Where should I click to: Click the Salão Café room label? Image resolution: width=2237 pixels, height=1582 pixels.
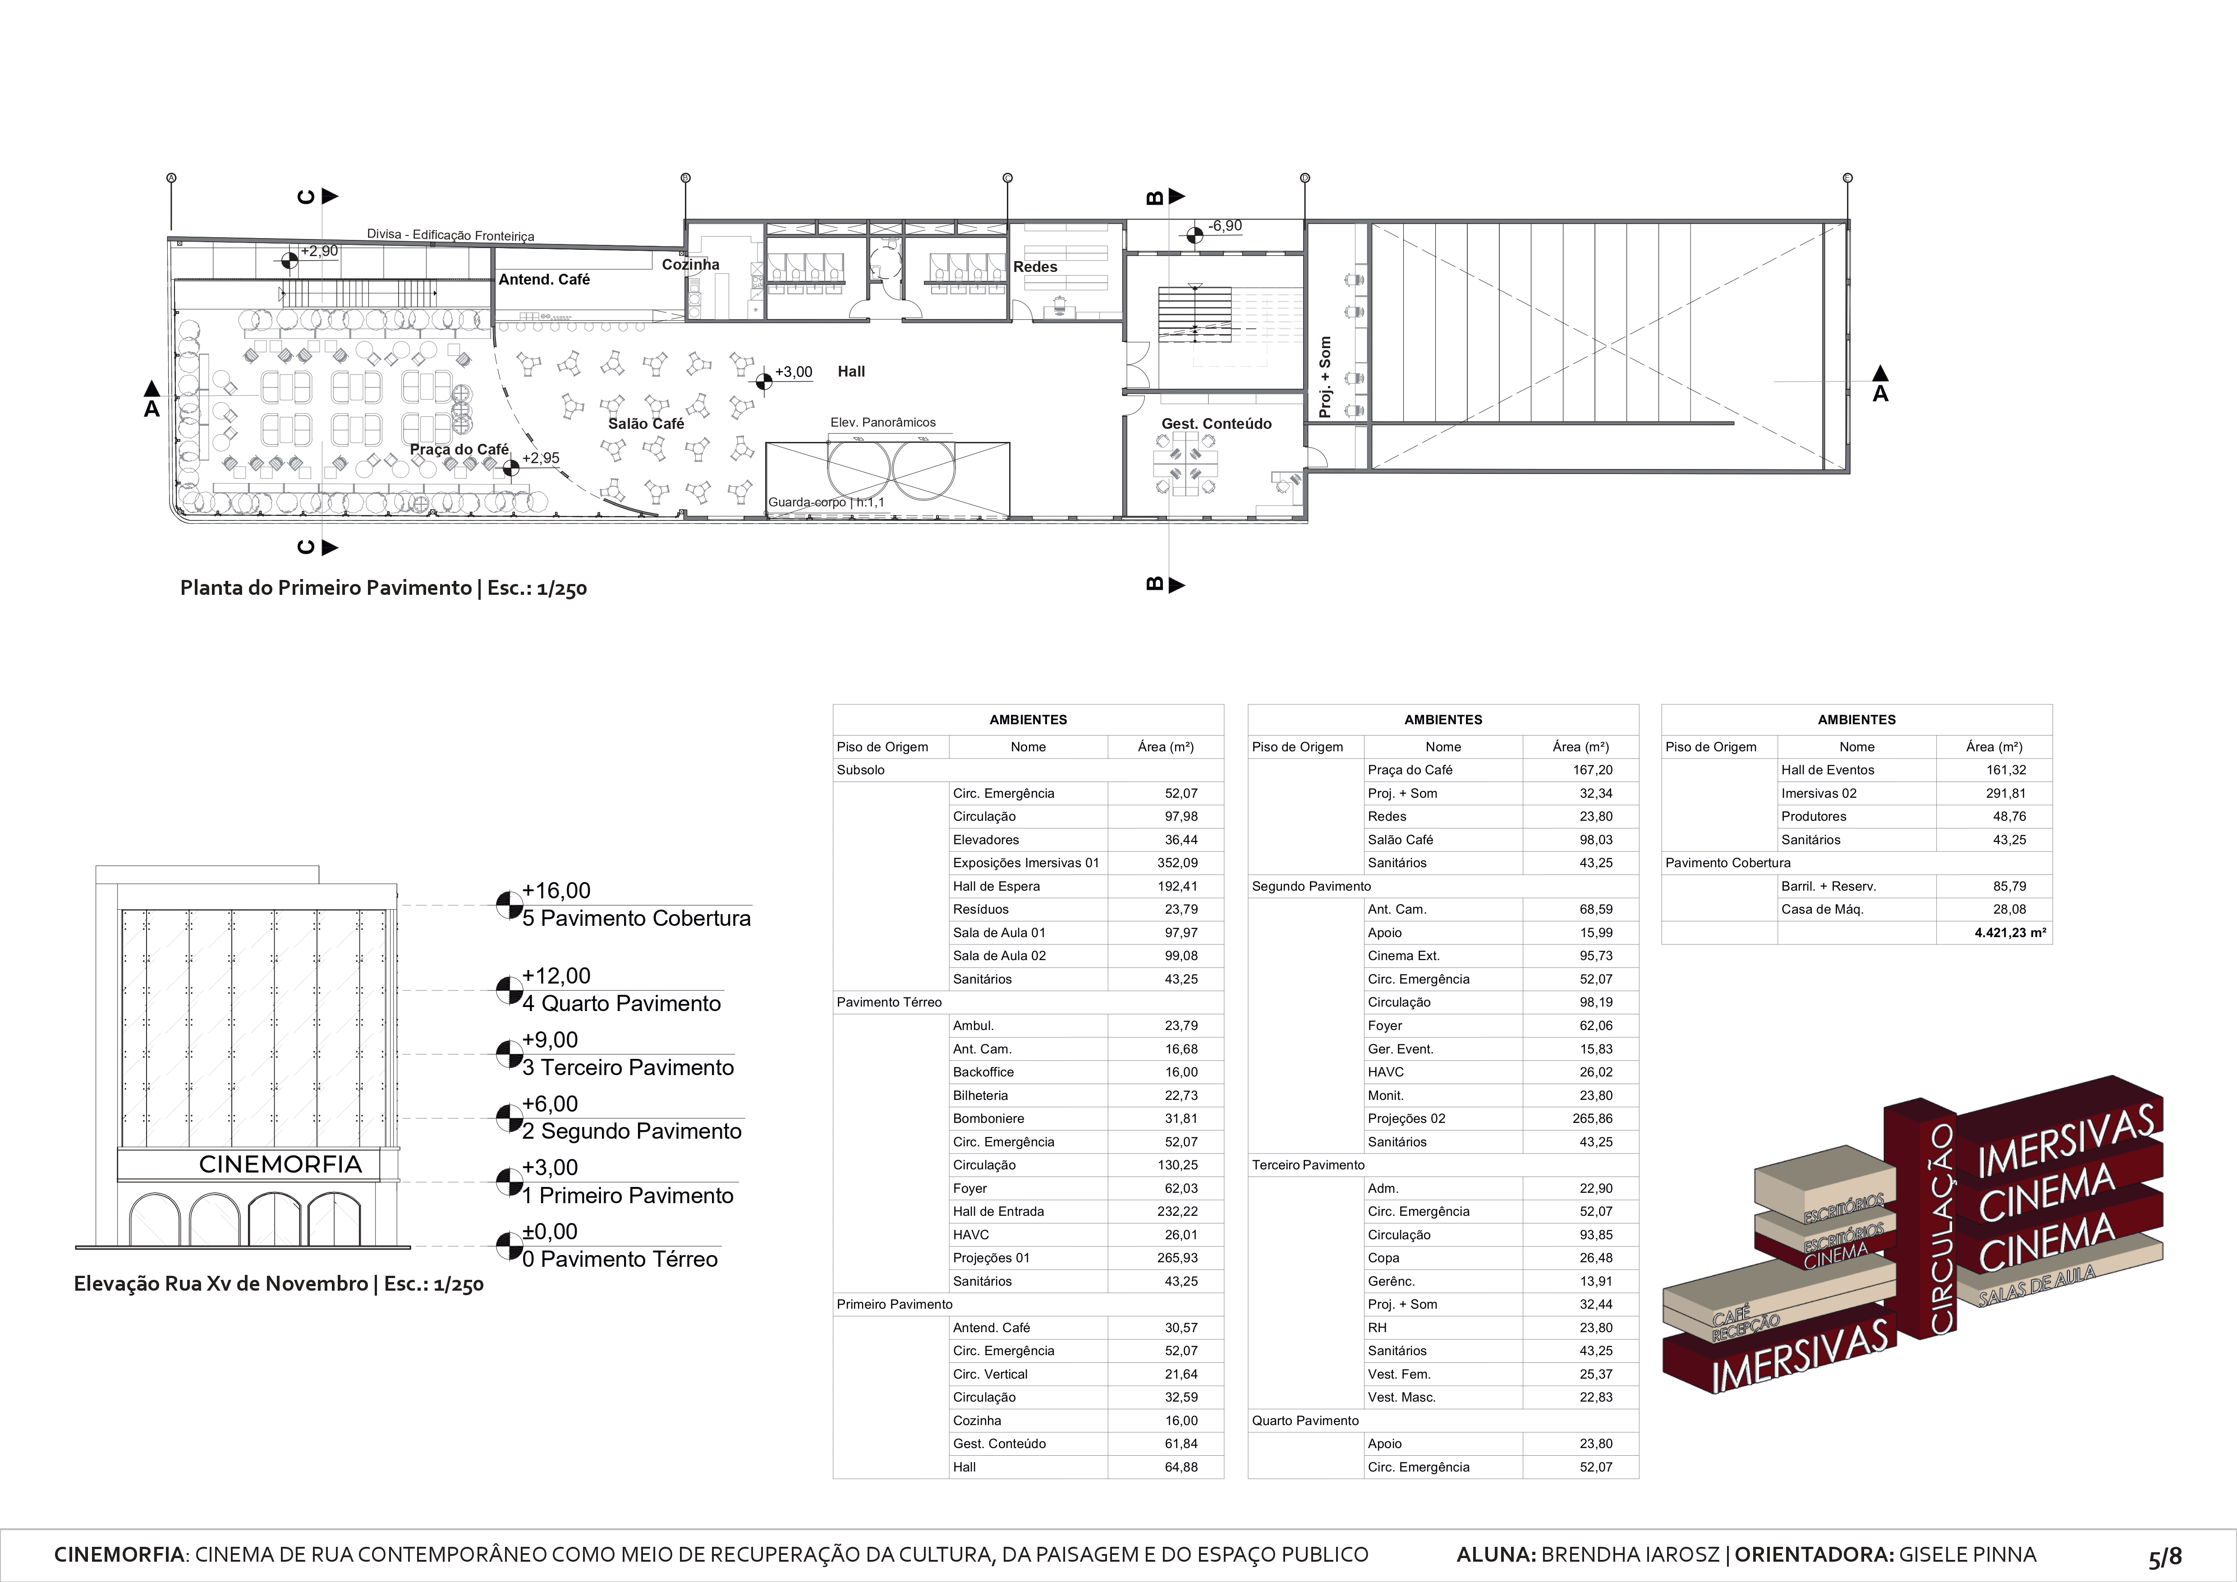tap(646, 424)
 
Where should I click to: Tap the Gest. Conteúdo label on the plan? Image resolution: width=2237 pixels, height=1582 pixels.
tap(1216, 424)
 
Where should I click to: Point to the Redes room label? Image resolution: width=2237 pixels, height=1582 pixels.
tap(1035, 267)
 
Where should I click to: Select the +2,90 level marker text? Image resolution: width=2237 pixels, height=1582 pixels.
tap(319, 251)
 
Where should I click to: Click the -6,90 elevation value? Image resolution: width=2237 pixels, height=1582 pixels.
tap(1225, 226)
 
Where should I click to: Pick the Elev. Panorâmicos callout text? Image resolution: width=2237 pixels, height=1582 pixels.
tap(883, 423)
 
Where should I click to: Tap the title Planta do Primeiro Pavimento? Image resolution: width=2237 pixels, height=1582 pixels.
tap(383, 589)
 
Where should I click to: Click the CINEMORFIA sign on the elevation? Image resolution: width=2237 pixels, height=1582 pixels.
tap(280, 1164)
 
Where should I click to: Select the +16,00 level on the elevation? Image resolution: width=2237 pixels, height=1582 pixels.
tap(556, 890)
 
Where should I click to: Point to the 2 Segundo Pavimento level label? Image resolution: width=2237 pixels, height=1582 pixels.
tap(631, 1131)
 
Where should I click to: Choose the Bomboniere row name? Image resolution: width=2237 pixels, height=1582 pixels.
tap(988, 1118)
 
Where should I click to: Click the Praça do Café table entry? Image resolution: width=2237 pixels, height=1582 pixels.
tap(1410, 769)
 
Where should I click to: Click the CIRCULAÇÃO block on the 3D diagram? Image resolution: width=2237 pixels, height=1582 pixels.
tap(1941, 1228)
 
